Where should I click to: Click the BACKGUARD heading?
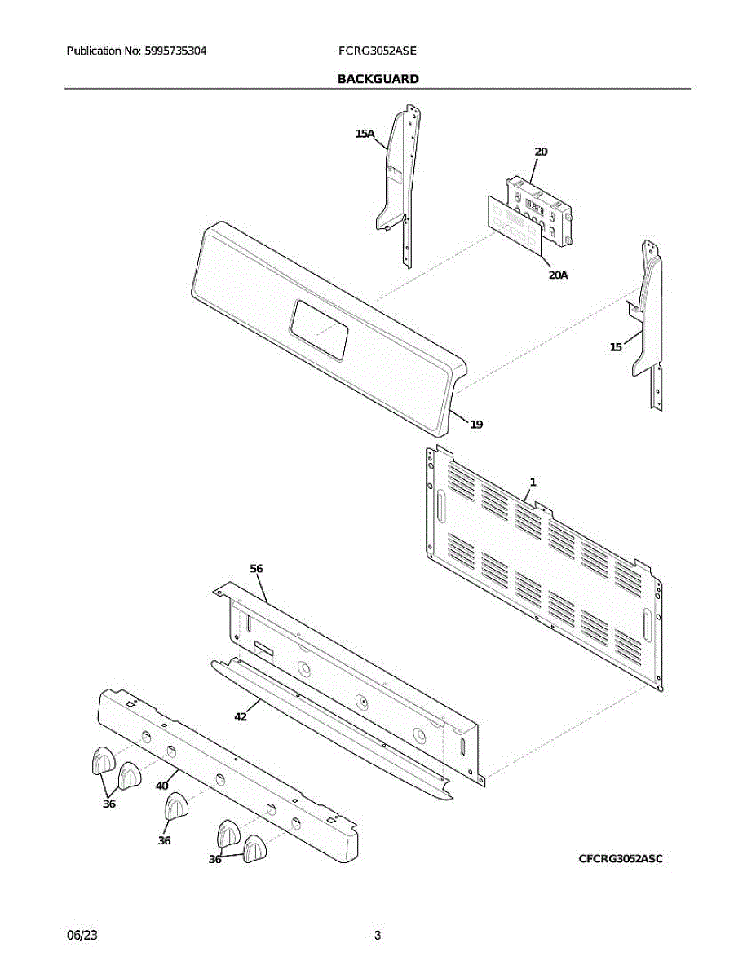tap(378, 79)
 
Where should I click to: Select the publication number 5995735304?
tap(175, 51)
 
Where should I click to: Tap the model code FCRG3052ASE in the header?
tap(378, 51)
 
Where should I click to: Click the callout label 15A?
tap(364, 134)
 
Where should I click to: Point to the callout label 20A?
tap(558, 275)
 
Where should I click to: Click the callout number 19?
tap(476, 424)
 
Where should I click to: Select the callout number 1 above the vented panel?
tap(533, 482)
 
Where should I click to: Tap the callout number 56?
tap(256, 568)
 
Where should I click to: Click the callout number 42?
tap(241, 717)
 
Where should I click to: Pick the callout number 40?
tap(161, 786)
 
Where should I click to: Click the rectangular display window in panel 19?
tap(319, 328)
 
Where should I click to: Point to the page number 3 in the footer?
tap(378, 936)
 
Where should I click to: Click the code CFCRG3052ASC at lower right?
tap(621, 858)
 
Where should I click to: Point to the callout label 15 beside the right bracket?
tap(616, 347)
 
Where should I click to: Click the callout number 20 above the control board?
tap(541, 152)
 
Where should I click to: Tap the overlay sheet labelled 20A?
tap(511, 222)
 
